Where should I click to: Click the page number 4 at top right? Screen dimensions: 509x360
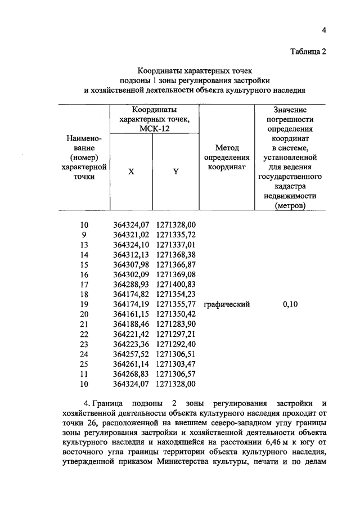pos(324,30)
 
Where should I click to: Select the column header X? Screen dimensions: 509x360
pos(131,172)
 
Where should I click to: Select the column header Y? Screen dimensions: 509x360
pos(175,172)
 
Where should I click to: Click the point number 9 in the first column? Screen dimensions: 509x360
pos(84,234)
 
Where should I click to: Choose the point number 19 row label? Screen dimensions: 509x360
pos(84,304)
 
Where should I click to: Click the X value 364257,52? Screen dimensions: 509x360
pos(132,354)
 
